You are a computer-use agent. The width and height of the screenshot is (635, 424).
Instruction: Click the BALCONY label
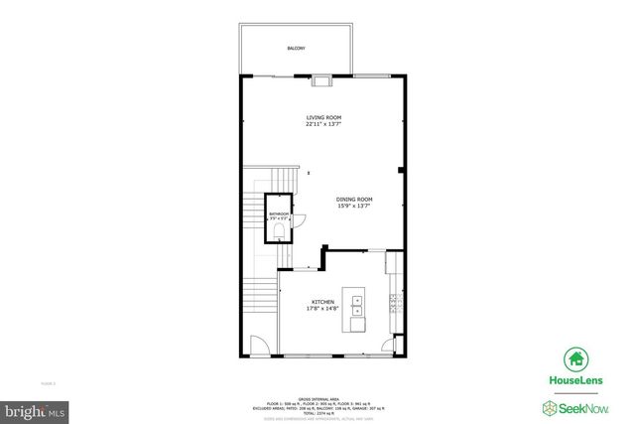[296, 48]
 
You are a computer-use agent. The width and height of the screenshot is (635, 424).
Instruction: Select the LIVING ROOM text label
[322, 117]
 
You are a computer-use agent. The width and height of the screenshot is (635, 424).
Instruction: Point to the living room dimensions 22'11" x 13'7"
[322, 124]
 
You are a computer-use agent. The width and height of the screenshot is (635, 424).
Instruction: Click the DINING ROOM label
[353, 200]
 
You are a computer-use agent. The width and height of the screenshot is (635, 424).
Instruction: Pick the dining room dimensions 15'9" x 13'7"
[353, 207]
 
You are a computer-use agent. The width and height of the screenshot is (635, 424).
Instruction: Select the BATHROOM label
[279, 213]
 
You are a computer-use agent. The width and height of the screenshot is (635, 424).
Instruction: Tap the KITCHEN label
[323, 302]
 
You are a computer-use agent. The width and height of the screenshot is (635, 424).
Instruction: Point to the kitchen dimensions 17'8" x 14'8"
[323, 309]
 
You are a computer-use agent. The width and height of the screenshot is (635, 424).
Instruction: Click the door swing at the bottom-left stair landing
[256, 347]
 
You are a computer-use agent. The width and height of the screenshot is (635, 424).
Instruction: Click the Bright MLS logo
[34, 409]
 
